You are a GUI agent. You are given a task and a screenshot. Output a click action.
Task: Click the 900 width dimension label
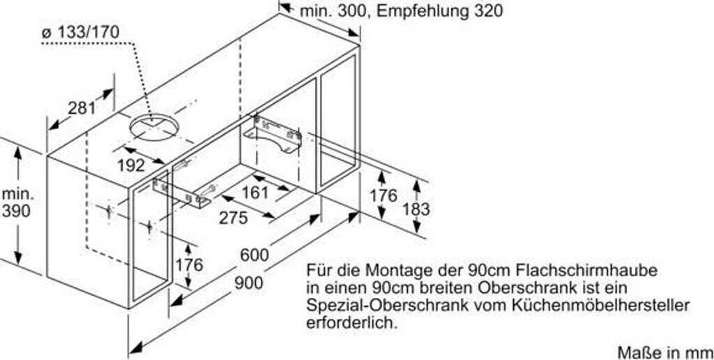[248, 283]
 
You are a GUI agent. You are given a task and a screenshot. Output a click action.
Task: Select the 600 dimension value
[254, 255]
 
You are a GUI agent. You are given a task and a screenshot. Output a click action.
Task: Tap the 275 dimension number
[233, 218]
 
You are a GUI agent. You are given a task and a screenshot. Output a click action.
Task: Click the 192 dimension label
[131, 165]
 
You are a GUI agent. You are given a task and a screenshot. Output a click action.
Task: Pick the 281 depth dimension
[82, 107]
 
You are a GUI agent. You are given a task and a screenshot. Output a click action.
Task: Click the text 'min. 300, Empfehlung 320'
[400, 12]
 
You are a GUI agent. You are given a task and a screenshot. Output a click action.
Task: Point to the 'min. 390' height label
[16, 202]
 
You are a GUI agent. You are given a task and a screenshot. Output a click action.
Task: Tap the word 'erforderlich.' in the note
[353, 323]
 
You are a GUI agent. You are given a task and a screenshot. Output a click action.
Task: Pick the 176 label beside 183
[383, 196]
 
